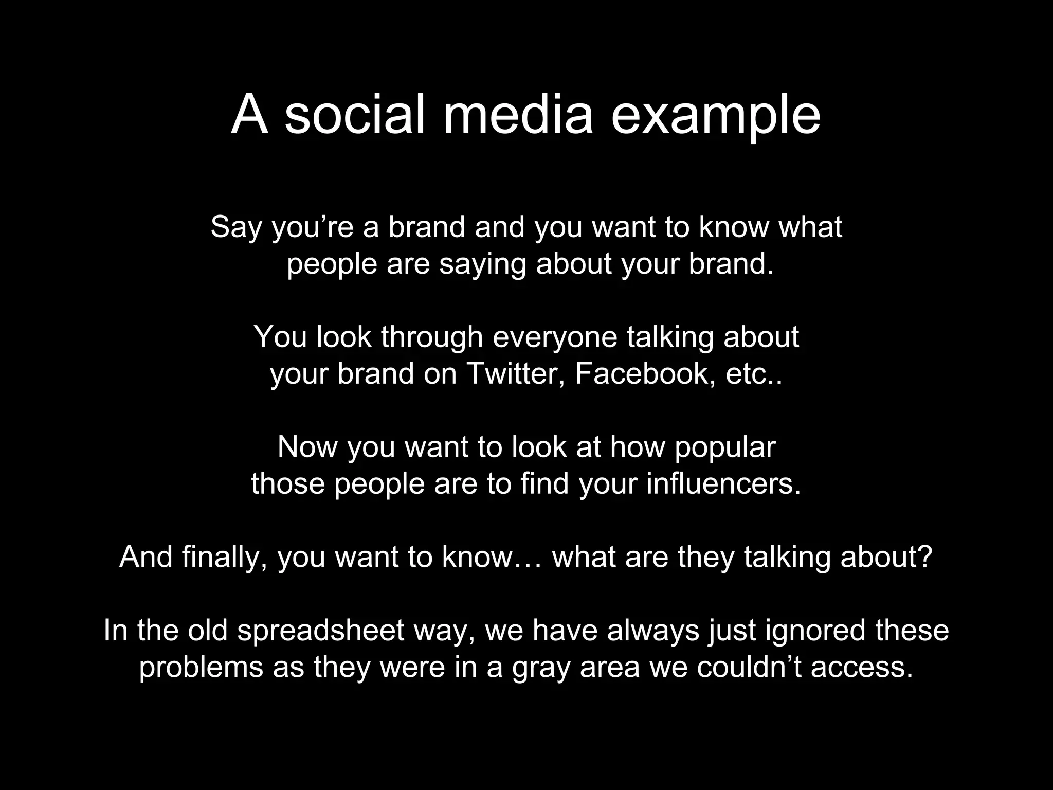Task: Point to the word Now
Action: pyautogui.click(x=307, y=447)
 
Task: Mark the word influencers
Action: pyautogui.click(x=723, y=484)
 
